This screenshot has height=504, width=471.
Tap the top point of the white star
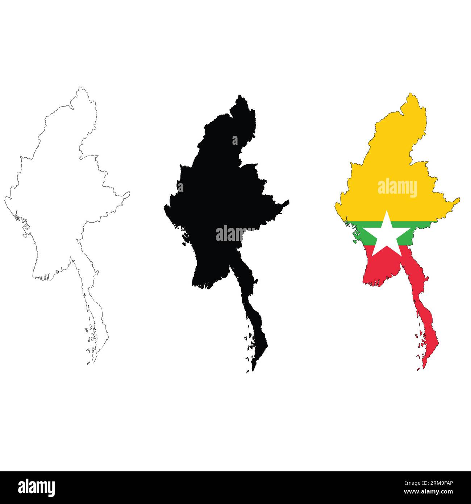click(x=387, y=211)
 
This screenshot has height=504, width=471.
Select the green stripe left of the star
click(x=361, y=232)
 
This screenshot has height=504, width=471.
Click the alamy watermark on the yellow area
click(x=397, y=188)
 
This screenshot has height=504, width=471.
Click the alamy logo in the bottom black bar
click(x=37, y=487)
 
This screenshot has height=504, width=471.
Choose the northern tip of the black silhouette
click(x=239, y=96)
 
